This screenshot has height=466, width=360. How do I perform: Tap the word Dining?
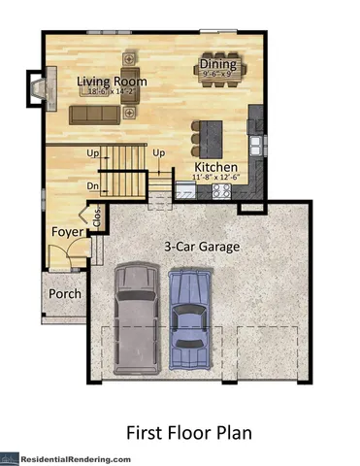[217, 62]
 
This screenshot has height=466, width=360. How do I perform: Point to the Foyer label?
[67, 232]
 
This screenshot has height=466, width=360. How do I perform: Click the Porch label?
[65, 294]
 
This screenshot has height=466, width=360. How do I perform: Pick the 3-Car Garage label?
[202, 247]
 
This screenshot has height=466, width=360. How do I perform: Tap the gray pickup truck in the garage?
[133, 316]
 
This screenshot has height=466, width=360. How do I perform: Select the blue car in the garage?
[189, 317]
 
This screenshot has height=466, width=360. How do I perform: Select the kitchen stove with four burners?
[219, 191]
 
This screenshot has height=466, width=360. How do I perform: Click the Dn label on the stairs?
[93, 184]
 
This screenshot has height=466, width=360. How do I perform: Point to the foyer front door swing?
[60, 256]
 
